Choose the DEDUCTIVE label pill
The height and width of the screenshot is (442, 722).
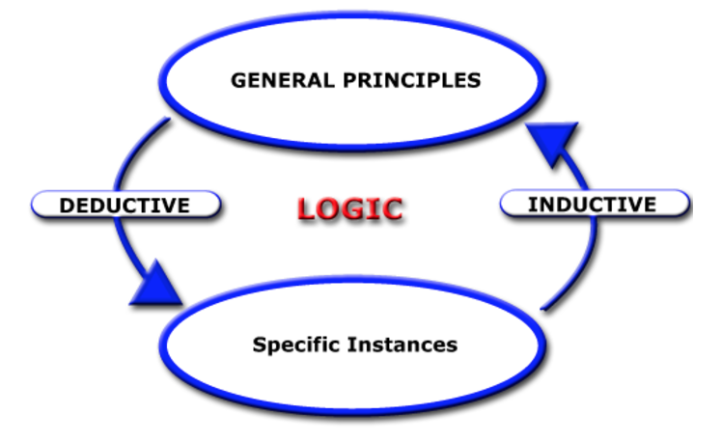tap(125, 205)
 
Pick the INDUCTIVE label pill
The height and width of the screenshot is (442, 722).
tap(593, 204)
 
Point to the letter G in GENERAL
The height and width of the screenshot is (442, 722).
tap(238, 80)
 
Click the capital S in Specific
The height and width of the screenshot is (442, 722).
tap(259, 344)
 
